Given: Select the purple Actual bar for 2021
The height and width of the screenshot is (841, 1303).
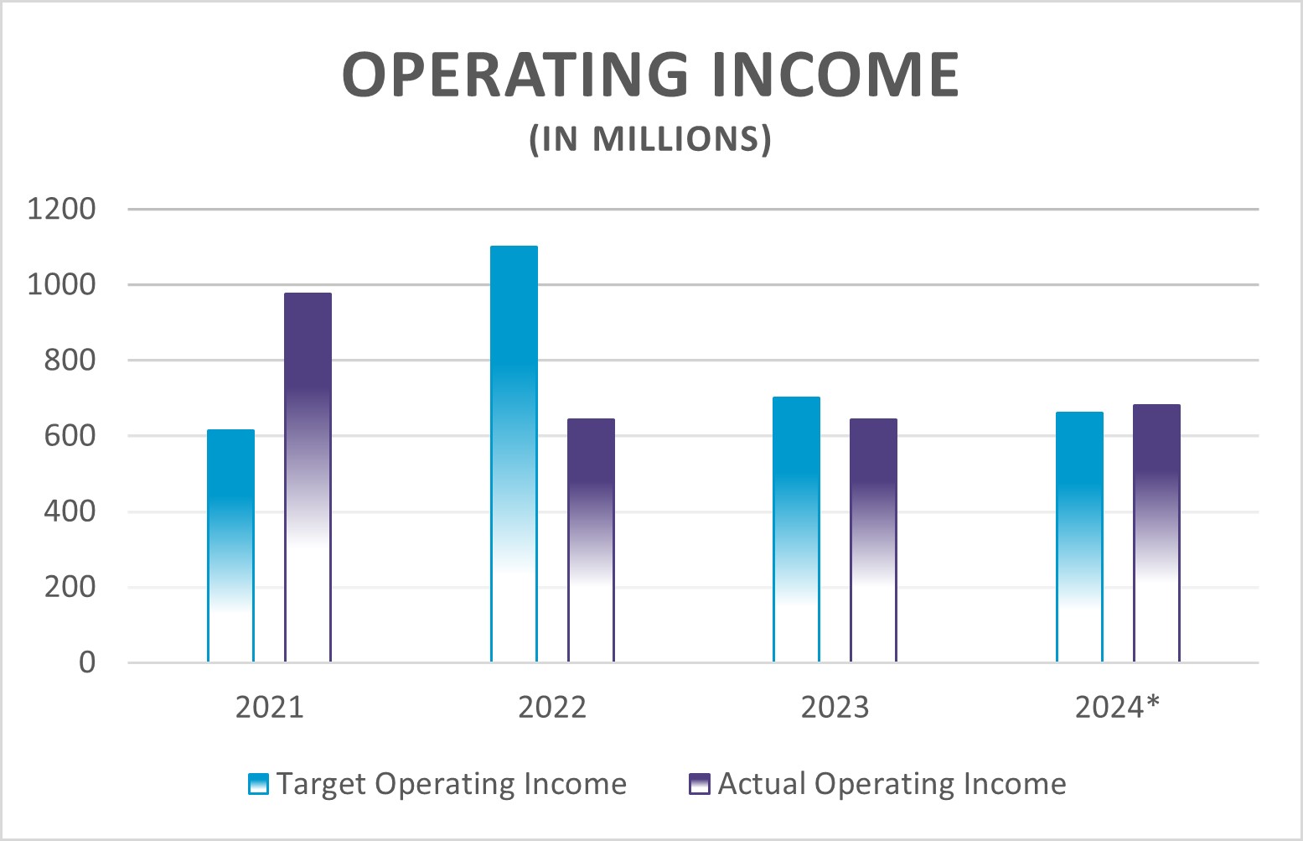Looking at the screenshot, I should [x=308, y=478].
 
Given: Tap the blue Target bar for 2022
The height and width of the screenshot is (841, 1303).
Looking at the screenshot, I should [x=514, y=453].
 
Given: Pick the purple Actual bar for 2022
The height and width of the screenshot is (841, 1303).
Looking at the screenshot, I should [x=591, y=541].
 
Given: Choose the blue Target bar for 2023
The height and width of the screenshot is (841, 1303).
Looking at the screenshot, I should [x=796, y=528].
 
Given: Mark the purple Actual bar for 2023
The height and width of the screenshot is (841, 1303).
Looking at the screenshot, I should [x=873, y=541].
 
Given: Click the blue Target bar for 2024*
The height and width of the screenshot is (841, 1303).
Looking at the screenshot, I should [x=1079, y=537].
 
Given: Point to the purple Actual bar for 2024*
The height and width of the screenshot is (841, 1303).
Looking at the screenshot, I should [x=1156, y=532].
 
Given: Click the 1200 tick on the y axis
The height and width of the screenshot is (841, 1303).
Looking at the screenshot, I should [x=61, y=209].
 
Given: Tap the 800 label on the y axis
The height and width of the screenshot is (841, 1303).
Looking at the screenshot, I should [x=70, y=361].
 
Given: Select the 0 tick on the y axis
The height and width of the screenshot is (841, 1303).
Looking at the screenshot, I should [x=87, y=663].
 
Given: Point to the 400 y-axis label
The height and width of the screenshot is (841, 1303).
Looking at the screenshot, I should [x=70, y=511].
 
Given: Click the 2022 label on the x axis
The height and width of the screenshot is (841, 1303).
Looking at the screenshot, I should [x=551, y=708].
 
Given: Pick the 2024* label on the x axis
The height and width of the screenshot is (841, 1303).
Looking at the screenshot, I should [x=1116, y=708].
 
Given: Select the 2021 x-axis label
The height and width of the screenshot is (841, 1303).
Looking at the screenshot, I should [x=269, y=708].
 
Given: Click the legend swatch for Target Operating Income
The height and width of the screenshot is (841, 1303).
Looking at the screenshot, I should [x=259, y=784].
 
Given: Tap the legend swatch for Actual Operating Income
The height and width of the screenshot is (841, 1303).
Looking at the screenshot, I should [x=699, y=784].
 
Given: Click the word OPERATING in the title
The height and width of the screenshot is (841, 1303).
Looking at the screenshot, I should [x=515, y=75].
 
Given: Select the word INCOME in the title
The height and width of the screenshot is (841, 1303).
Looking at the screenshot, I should [x=835, y=75].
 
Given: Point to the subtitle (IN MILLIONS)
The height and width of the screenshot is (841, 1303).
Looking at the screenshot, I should [x=650, y=139].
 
